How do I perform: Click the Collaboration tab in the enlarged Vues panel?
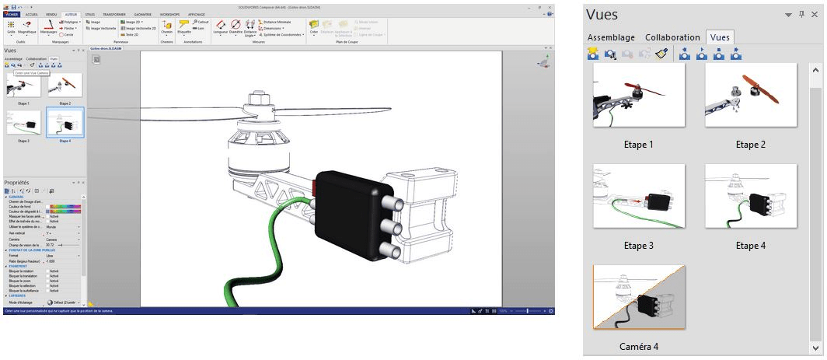672,37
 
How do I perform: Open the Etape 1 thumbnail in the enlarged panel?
638,94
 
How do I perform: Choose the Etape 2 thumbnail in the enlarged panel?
751,94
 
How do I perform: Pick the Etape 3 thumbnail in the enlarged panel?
638,196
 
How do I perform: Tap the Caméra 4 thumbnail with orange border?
638,296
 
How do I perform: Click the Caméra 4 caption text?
639,345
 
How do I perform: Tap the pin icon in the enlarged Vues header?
801,15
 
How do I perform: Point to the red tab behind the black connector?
314,187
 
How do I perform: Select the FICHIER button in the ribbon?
12,15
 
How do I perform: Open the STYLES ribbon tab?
91,15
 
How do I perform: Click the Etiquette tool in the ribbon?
184,28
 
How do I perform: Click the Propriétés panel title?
17,181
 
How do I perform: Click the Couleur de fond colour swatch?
63,206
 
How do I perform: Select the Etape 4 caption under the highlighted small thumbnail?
65,142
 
